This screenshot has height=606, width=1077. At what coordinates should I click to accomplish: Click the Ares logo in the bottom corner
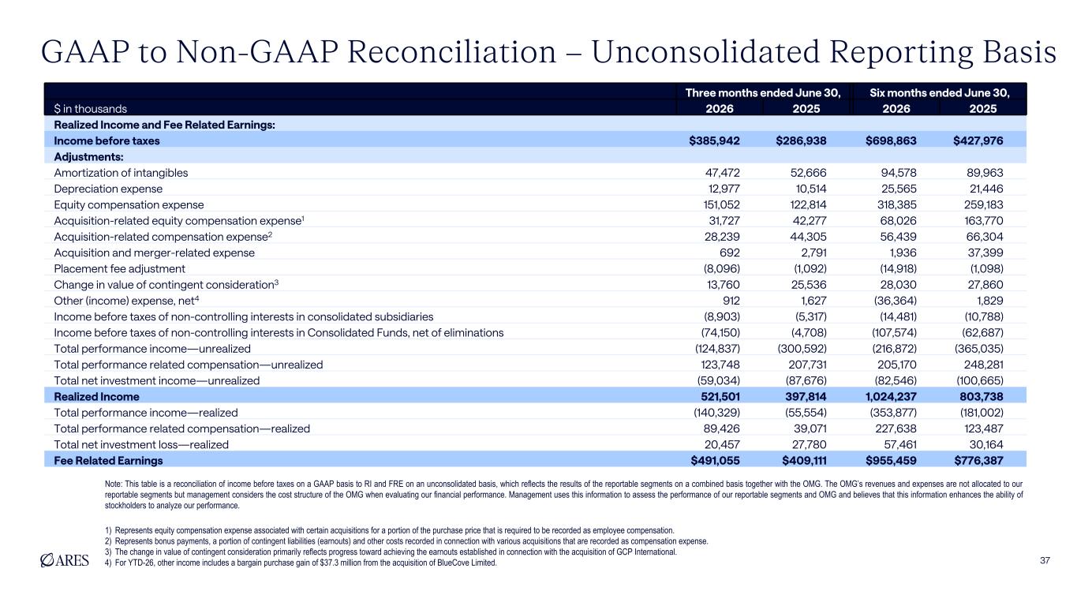pyautogui.click(x=65, y=560)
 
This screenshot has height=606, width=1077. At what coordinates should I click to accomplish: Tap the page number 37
pyautogui.click(x=1045, y=560)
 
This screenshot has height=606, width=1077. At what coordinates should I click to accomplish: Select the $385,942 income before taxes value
pyautogui.click(x=714, y=141)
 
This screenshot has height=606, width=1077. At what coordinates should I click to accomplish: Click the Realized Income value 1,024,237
pyautogui.click(x=891, y=397)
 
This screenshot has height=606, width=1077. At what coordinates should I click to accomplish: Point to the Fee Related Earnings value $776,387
pyautogui.click(x=978, y=461)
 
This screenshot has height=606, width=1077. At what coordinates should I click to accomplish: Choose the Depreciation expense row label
pyautogui.click(x=108, y=189)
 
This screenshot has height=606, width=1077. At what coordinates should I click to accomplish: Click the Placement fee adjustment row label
pyautogui.click(x=119, y=269)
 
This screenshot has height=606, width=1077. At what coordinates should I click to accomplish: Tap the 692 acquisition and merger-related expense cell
pyautogui.click(x=729, y=253)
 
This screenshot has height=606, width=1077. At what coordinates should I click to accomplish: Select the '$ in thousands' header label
pyautogui.click(x=91, y=109)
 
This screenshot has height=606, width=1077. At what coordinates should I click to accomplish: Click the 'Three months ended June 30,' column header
pyautogui.click(x=763, y=93)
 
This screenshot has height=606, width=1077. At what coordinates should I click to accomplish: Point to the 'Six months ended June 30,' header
pyautogui.click(x=940, y=93)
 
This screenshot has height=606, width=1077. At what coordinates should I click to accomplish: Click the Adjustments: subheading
pyautogui.click(x=88, y=157)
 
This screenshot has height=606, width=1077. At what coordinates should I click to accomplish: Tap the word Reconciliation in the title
pyautogui.click(x=451, y=52)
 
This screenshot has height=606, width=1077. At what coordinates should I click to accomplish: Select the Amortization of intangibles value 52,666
pyautogui.click(x=808, y=173)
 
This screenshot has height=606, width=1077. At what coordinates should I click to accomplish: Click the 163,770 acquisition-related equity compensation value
pyautogui.click(x=984, y=221)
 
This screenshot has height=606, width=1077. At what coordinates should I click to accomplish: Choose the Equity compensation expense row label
pyautogui.click(x=129, y=205)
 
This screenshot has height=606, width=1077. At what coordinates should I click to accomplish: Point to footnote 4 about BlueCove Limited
pyautogui.click(x=301, y=563)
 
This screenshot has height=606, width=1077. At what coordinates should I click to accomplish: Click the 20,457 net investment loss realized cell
pyautogui.click(x=722, y=445)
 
